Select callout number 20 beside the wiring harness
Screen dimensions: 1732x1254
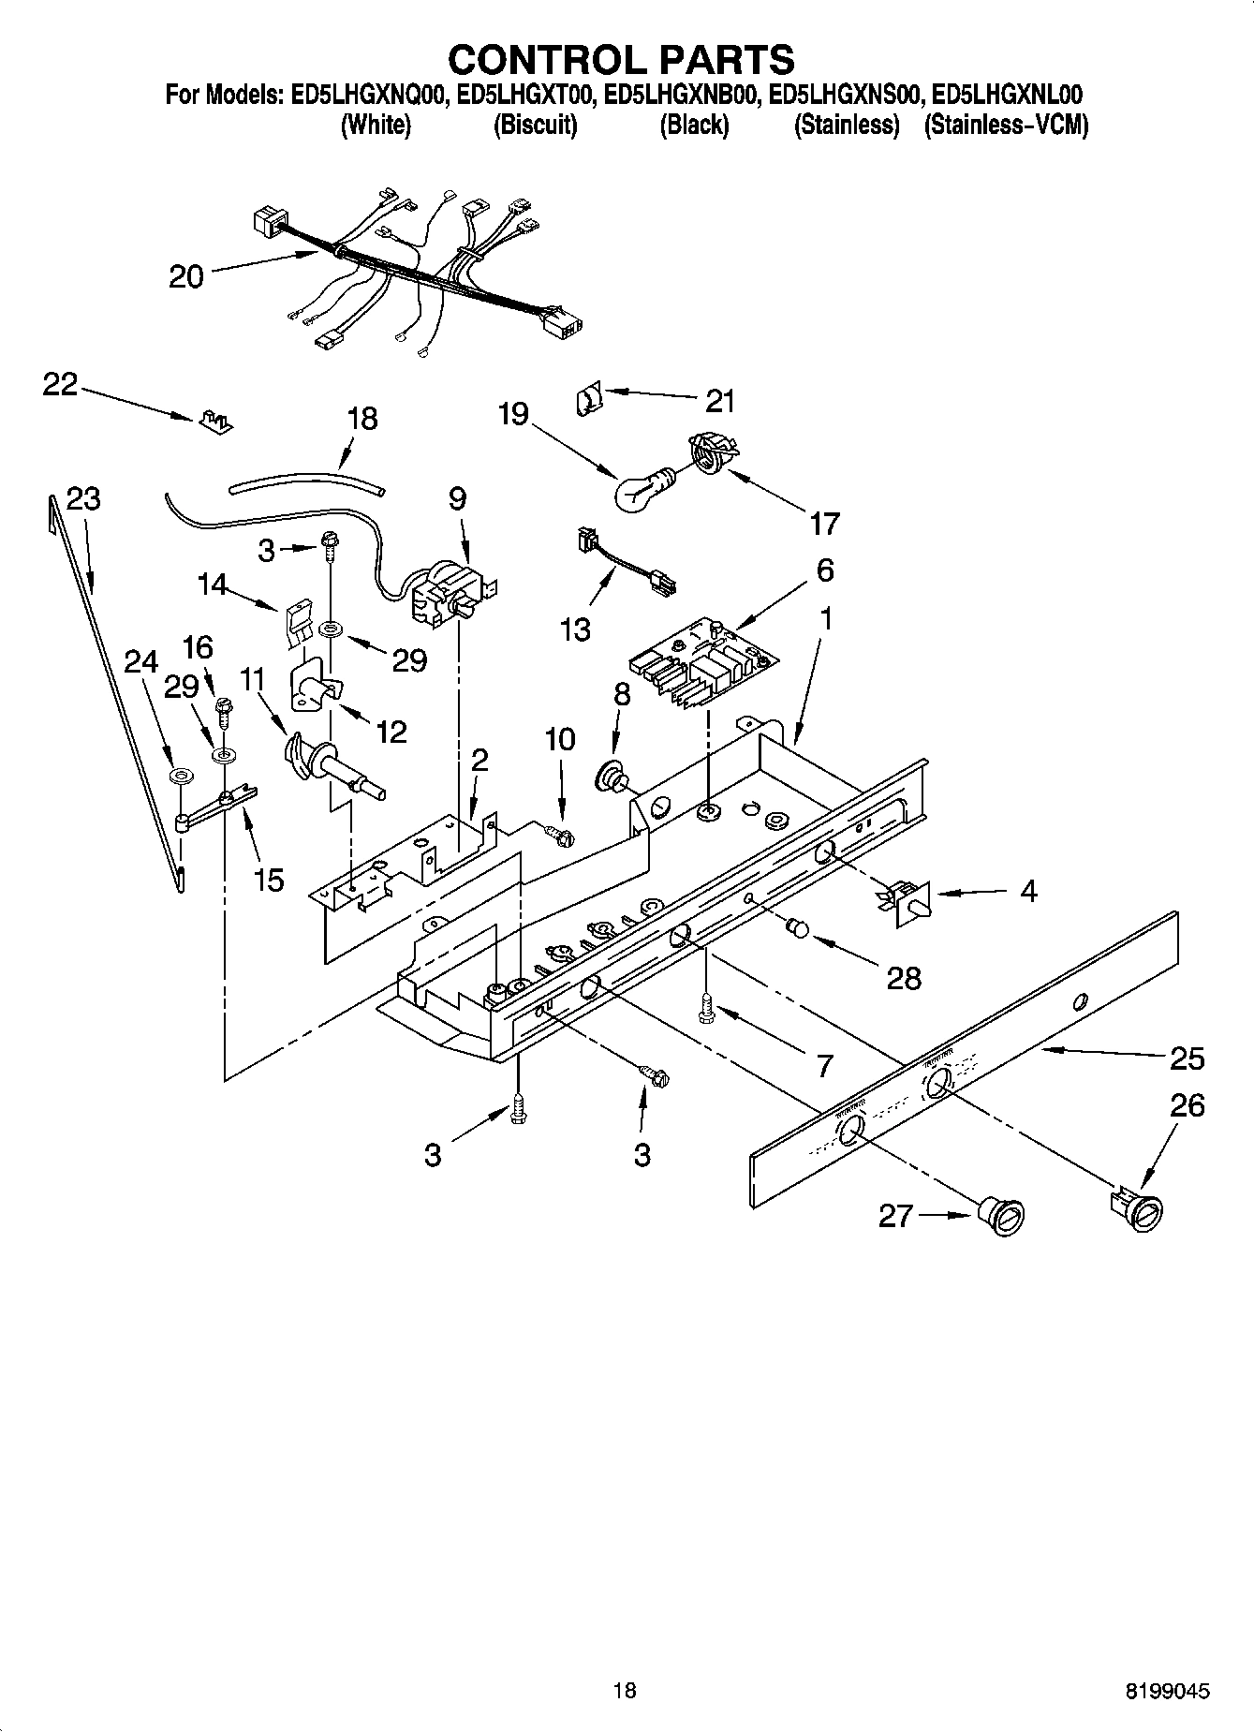186,276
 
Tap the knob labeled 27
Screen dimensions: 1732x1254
1002,1220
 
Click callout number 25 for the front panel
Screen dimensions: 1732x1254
1188,1058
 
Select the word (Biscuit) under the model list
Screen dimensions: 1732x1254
535,125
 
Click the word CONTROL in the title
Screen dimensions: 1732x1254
542,59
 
